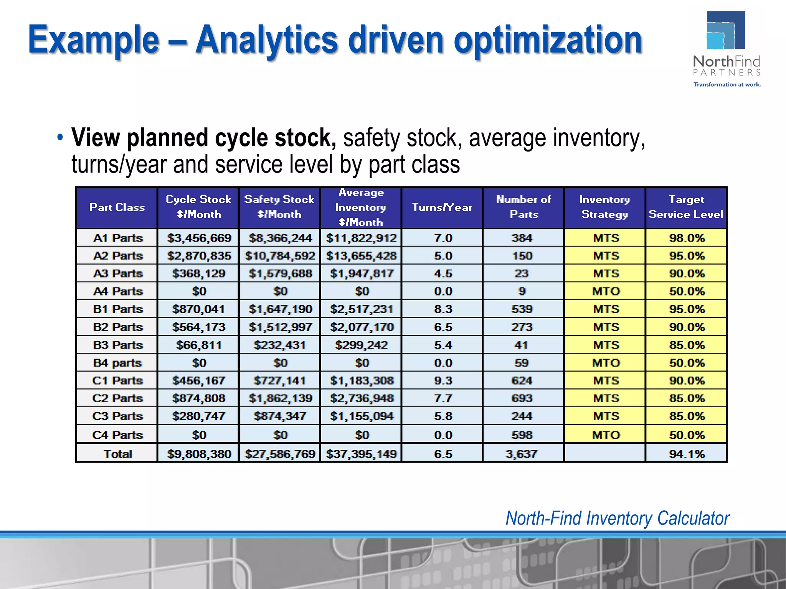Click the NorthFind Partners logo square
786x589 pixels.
(x=726, y=30)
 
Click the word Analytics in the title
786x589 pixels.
(x=266, y=40)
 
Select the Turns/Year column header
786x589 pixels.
(x=442, y=207)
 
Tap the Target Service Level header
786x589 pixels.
(x=686, y=207)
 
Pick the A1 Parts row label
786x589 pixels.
(x=117, y=238)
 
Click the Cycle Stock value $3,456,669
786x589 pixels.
(x=199, y=238)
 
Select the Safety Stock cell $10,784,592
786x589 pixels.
(x=280, y=256)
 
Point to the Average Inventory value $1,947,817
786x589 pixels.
(x=361, y=273)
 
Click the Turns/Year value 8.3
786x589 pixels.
(x=443, y=309)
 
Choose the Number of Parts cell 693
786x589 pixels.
(x=522, y=398)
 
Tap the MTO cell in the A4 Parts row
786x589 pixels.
(x=606, y=291)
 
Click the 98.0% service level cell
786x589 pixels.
(x=687, y=238)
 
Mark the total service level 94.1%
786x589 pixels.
(x=687, y=454)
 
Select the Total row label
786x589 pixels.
(x=117, y=454)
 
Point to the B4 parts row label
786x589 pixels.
(x=117, y=363)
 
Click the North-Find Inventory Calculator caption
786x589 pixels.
(x=617, y=518)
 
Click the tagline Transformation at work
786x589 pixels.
(x=727, y=84)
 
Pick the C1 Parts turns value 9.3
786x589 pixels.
(x=443, y=380)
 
